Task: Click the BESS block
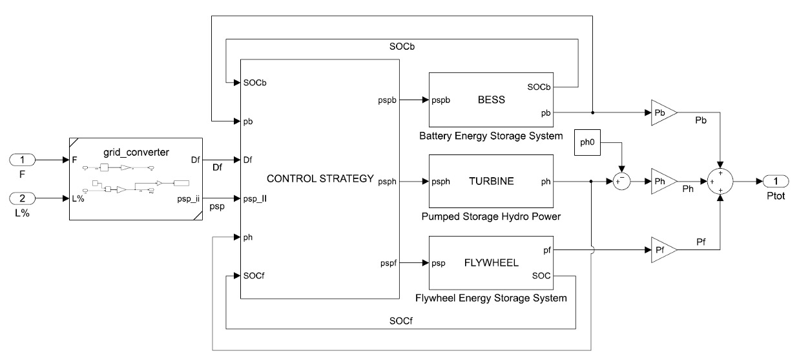492,100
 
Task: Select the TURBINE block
492,182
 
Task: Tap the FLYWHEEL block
492,262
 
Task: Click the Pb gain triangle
661,112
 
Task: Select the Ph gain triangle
661,182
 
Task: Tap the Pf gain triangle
661,249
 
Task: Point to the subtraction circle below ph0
621,182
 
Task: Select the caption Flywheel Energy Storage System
492,298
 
